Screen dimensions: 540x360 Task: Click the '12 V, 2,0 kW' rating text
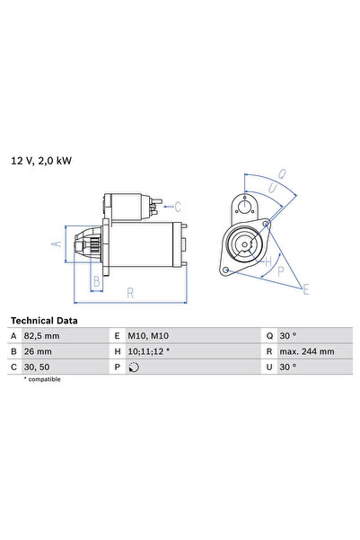[41, 161]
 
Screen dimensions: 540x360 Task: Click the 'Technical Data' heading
[43, 321]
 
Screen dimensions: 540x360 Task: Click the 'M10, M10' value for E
[149, 336]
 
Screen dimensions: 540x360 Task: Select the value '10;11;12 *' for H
[150, 351]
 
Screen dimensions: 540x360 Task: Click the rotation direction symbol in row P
[135, 367]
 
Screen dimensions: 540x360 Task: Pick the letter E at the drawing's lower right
[306, 288]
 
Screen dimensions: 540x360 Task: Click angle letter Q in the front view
[280, 174]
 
